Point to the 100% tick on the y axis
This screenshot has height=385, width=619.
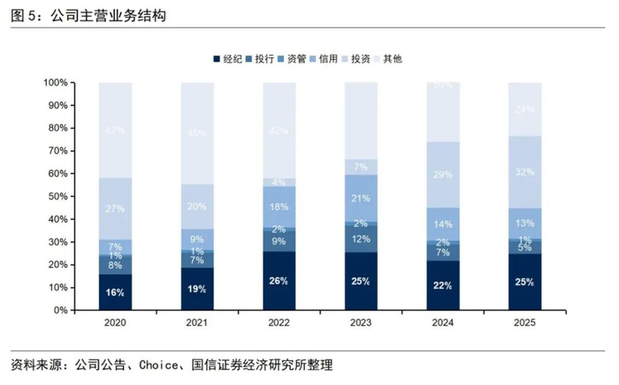point(54,83)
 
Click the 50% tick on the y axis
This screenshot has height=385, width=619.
point(57,197)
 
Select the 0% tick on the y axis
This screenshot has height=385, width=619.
point(59,311)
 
